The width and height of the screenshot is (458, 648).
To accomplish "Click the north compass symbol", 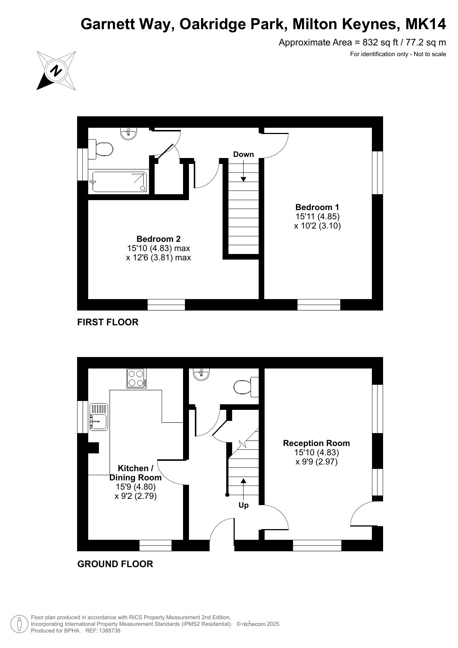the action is click(x=56, y=70).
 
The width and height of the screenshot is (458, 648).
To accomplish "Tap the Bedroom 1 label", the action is click(x=317, y=207).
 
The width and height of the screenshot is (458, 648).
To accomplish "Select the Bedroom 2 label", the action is click(x=158, y=239).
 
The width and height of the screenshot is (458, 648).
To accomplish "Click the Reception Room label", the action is click(x=316, y=443).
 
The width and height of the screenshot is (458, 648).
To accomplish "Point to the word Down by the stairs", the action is click(x=244, y=154).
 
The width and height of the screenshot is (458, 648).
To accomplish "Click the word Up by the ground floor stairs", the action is click(x=244, y=505).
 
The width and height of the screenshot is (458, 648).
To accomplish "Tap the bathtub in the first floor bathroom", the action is click(x=119, y=182).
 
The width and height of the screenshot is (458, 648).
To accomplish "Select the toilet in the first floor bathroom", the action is click(x=100, y=149).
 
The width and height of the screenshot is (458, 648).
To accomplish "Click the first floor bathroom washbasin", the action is click(x=129, y=133).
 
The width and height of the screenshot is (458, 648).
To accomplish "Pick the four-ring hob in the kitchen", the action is click(x=136, y=378).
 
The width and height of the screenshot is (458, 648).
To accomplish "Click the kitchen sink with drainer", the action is click(x=99, y=416).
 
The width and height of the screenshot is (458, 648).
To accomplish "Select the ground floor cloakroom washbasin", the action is click(x=201, y=374).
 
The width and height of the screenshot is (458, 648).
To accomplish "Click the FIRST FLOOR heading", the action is click(x=108, y=322).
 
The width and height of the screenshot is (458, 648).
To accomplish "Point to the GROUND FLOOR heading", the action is click(x=115, y=564).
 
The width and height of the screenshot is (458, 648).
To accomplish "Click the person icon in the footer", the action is click(x=19, y=624).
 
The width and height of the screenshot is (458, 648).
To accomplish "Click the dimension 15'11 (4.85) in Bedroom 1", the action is click(x=317, y=216).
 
